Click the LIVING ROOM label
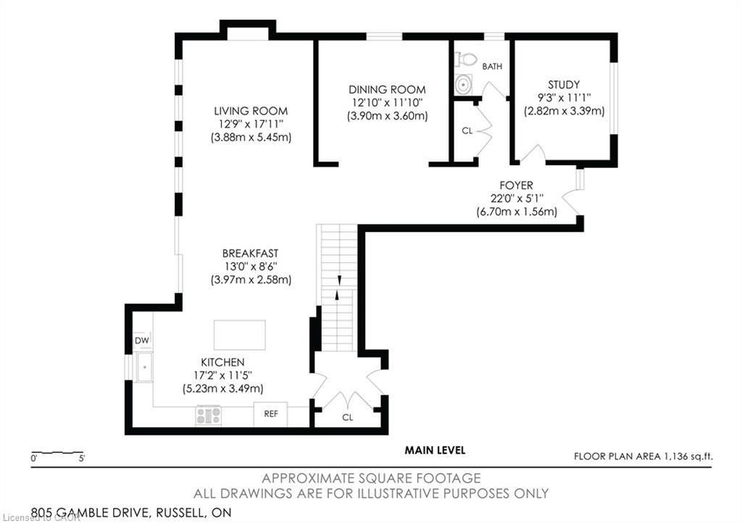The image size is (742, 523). (x=251, y=111)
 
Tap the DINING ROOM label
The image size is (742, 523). (x=386, y=89)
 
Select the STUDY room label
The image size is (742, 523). (x=564, y=84)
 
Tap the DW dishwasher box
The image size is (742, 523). (x=141, y=340)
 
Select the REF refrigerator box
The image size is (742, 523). (x=270, y=414)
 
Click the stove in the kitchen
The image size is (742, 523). (x=209, y=415)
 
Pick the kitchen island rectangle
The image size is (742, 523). (x=240, y=335)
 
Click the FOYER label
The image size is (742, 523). (x=517, y=185)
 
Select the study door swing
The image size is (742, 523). (x=532, y=154)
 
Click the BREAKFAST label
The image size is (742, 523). (x=251, y=253)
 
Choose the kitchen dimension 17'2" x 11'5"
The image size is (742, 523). (x=222, y=375)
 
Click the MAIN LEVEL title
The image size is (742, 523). (x=435, y=451)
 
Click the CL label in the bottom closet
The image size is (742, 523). (x=348, y=418)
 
